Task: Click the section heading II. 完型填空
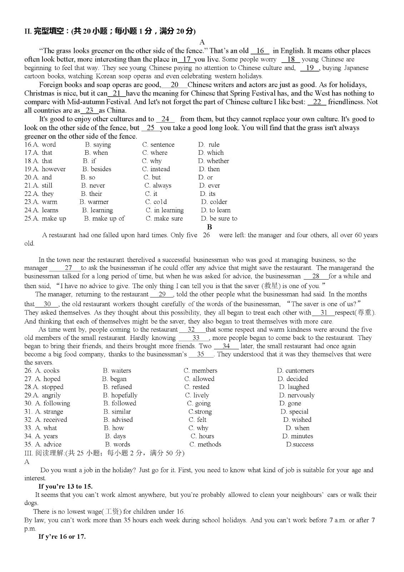pos(110,31)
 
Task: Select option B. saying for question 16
pos(98,145)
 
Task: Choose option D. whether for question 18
pos(214,161)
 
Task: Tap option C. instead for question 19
pos(156,169)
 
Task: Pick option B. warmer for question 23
pos(94,202)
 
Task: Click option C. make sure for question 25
pos(164,218)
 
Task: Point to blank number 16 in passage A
pos(260,51)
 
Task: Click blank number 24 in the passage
pos(165,119)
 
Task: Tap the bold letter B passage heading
pos(209,227)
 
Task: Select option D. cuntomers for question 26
pos(295,371)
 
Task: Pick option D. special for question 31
pos(294,412)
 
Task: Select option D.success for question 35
pos(300,444)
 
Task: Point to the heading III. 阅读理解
pos(104,453)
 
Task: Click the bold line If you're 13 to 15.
pos(65,487)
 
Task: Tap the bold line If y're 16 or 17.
pos(62,537)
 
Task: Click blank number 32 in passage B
pos(191,330)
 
